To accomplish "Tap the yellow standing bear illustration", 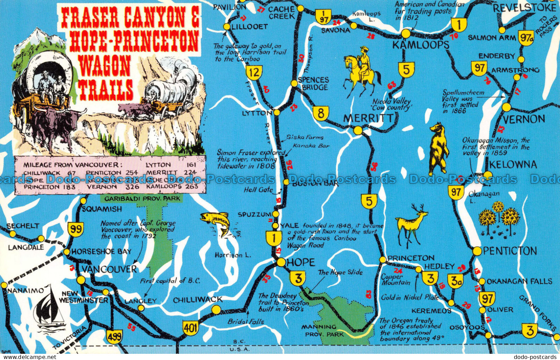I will click(438, 149).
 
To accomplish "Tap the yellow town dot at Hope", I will click(281, 262).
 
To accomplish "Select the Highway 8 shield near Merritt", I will click(321, 113).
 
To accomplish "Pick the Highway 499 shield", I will click(114, 336).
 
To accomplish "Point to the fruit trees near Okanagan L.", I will click(499, 219).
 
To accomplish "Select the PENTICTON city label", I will click(510, 251).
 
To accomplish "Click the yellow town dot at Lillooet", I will click(227, 27).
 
